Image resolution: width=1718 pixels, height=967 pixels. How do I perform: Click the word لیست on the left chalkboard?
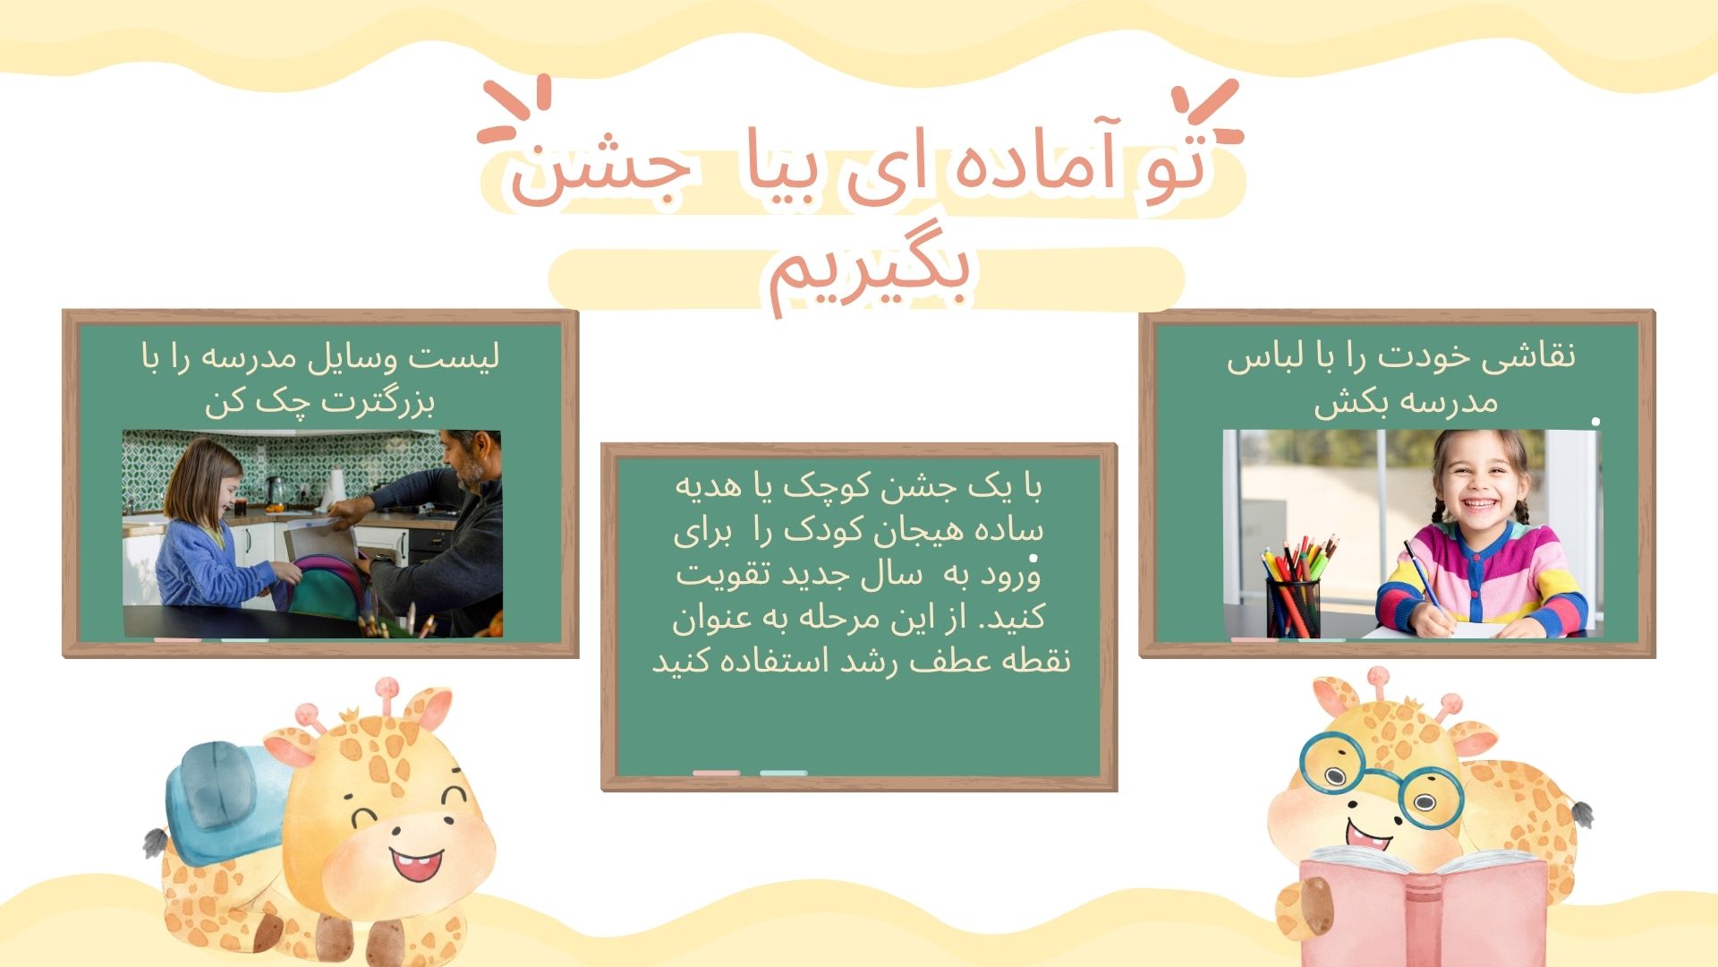pos(455,356)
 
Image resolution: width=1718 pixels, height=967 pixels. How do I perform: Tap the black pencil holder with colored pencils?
pos(1292,605)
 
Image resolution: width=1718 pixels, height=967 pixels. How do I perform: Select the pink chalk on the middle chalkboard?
pos(716,773)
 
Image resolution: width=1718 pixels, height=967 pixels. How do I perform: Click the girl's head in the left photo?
pos(210,480)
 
